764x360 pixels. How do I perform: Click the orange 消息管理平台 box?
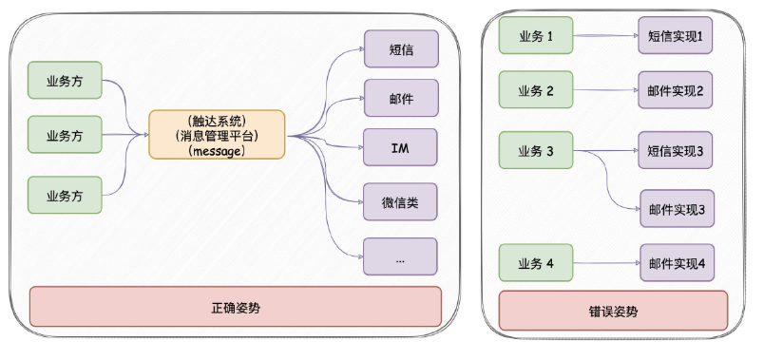[x=217, y=135]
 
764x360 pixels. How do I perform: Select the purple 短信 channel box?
[x=400, y=49]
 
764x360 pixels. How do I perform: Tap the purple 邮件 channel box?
[x=400, y=98]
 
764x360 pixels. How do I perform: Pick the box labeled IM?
[x=400, y=147]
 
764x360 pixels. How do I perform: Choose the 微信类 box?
[x=400, y=201]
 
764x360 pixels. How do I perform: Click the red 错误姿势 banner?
[x=613, y=311]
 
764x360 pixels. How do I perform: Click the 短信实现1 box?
[x=676, y=37]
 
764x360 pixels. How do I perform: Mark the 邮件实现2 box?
[x=676, y=92]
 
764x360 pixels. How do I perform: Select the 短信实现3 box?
[x=676, y=150]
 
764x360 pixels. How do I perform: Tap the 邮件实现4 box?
[x=676, y=263]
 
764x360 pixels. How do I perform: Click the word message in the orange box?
[x=217, y=150]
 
